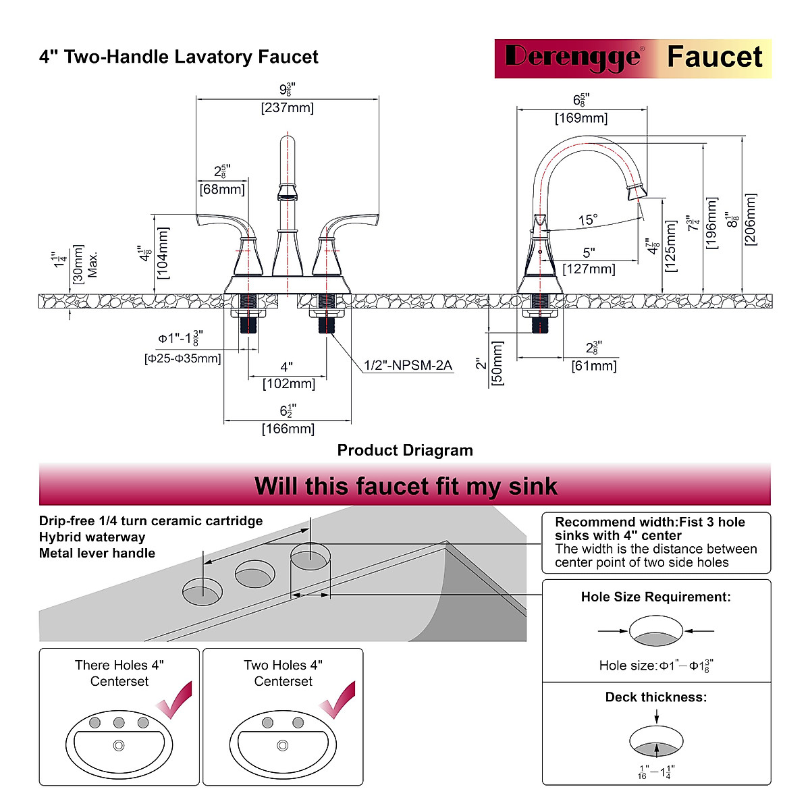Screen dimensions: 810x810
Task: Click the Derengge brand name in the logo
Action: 573,57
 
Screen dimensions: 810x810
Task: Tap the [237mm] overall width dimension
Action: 288,107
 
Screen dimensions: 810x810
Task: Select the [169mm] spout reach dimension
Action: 581,118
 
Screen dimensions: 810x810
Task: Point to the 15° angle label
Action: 588,219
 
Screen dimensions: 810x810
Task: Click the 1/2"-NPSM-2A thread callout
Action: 408,365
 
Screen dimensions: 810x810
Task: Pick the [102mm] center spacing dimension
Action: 289,383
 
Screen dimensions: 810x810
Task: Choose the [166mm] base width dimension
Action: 288,429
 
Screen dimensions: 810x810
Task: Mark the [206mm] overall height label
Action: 751,219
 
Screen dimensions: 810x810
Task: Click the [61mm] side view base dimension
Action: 594,366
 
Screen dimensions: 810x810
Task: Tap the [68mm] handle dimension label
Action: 222,189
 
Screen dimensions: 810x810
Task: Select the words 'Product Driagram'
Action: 405,450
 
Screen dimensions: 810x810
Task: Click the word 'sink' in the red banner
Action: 533,486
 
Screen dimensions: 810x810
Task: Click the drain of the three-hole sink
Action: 119,746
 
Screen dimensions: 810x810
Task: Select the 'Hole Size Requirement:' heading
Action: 655,597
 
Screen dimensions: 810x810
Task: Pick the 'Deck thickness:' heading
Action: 655,697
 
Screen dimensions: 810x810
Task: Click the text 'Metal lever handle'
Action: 97,553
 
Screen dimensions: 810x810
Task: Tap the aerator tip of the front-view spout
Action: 288,196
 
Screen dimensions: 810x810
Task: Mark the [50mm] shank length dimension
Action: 497,364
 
